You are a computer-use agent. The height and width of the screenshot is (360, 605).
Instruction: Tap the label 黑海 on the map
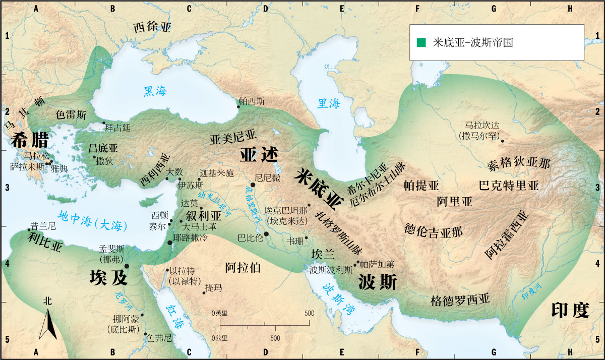tap(155, 91)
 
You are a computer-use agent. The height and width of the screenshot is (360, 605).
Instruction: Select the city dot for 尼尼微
tap(253, 185)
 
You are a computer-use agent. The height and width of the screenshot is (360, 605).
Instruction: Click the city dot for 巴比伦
tap(266, 234)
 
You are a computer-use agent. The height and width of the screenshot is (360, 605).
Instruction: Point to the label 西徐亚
tap(152, 28)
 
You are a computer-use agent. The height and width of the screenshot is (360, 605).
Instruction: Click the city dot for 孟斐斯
tap(127, 266)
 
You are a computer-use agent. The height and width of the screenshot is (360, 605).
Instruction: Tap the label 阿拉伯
tap(243, 268)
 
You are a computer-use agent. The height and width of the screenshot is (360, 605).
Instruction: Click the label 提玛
tap(213, 287)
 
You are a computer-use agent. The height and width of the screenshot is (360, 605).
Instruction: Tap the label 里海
tap(328, 104)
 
